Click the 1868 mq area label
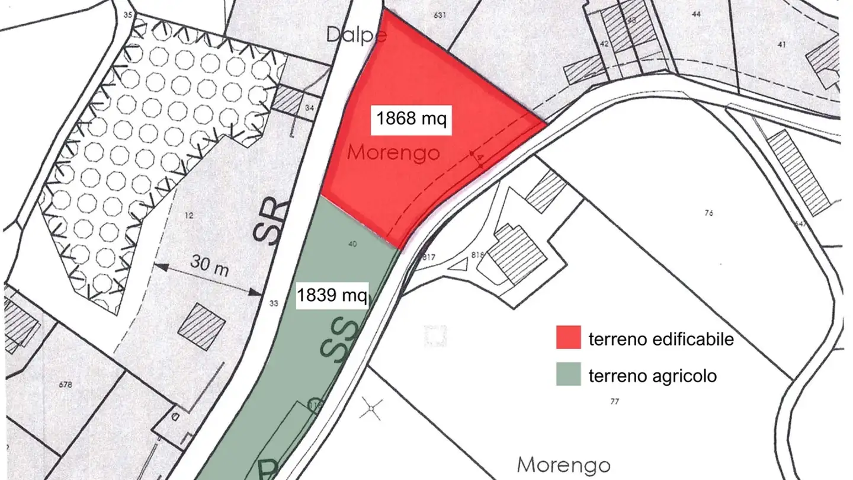(412, 119)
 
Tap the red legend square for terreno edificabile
(568, 338)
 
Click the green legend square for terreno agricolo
(568, 375)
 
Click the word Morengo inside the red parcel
(393, 153)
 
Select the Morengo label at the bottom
(564, 463)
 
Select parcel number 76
(708, 213)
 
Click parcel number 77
(614, 402)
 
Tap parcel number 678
(66, 385)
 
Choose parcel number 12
(189, 216)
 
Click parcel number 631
(440, 15)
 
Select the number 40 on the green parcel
(353, 244)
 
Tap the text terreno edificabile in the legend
(661, 339)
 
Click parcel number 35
(128, 15)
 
